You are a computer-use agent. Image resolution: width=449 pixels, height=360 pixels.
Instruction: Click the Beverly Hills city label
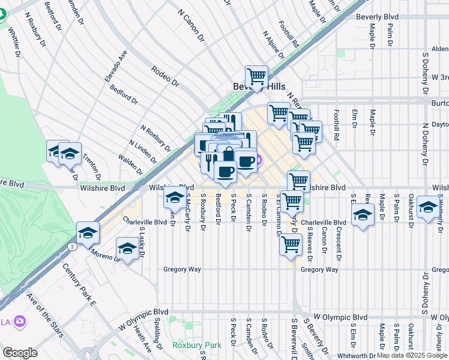pos(259,87)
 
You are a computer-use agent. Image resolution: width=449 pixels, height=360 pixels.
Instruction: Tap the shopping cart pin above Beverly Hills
pos(256,76)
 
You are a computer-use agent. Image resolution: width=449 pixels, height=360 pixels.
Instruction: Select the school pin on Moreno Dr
pos(127,248)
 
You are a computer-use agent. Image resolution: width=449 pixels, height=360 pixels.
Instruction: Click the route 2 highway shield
pos(71,247)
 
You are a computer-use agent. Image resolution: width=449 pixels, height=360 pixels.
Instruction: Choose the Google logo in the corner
pos(20,352)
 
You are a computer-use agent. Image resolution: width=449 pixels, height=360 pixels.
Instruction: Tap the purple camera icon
pos(20,322)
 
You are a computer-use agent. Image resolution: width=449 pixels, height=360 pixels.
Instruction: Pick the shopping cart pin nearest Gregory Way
pos(291,245)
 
